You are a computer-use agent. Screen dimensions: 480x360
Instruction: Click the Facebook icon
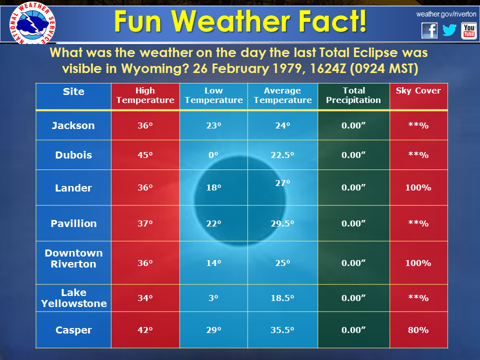429,30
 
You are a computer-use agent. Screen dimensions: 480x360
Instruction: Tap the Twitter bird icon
449,30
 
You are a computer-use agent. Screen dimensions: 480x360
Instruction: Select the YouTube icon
468,31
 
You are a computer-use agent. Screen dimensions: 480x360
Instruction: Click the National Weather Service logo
32,23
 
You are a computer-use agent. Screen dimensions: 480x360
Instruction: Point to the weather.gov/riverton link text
446,14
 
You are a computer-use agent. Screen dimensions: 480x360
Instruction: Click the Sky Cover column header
418,90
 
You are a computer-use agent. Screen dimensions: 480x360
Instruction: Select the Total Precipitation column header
353,95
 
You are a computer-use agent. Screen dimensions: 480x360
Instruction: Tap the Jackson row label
73,125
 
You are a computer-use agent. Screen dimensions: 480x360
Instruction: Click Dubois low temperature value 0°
213,155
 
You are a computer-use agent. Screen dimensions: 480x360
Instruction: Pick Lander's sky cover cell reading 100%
418,187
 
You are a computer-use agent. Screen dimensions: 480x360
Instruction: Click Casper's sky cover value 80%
418,330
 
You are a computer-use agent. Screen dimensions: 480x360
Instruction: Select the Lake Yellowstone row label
74,298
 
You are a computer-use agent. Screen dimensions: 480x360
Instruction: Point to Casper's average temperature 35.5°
282,330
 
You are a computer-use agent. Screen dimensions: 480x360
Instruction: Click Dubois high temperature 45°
145,155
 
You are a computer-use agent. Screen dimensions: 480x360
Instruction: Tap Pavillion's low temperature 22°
213,223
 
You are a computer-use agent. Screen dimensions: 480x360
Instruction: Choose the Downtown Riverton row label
73,258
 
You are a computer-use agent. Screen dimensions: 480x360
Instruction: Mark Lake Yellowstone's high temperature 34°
145,298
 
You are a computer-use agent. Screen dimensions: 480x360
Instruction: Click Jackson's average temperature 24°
282,125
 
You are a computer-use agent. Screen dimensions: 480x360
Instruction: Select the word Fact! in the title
332,21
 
